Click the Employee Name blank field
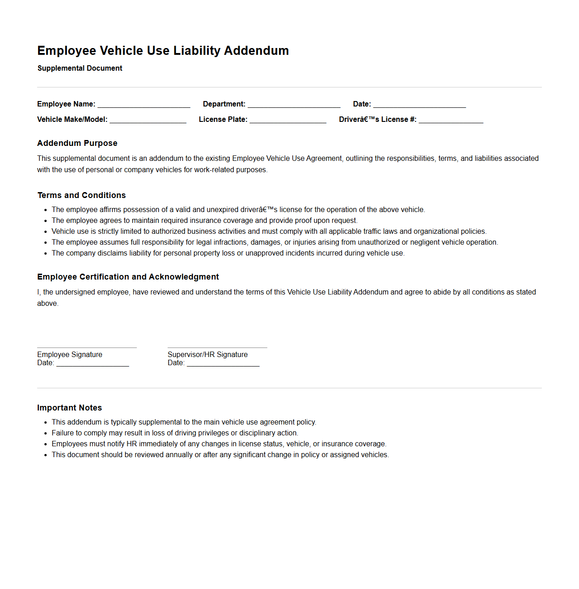(144, 104)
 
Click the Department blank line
(294, 104)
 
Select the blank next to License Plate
(288, 120)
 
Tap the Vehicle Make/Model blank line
(148, 120)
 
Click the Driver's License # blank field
(451, 120)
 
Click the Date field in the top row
(420, 104)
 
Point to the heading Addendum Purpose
(77, 143)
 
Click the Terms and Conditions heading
(82, 195)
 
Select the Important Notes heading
(69, 408)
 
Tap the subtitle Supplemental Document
(80, 68)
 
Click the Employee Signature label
(70, 355)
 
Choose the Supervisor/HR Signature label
(207, 355)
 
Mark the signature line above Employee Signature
(87, 347)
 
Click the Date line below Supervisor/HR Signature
(223, 363)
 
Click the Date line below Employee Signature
(92, 363)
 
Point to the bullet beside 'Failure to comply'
(46, 434)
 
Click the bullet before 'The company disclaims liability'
(46, 254)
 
